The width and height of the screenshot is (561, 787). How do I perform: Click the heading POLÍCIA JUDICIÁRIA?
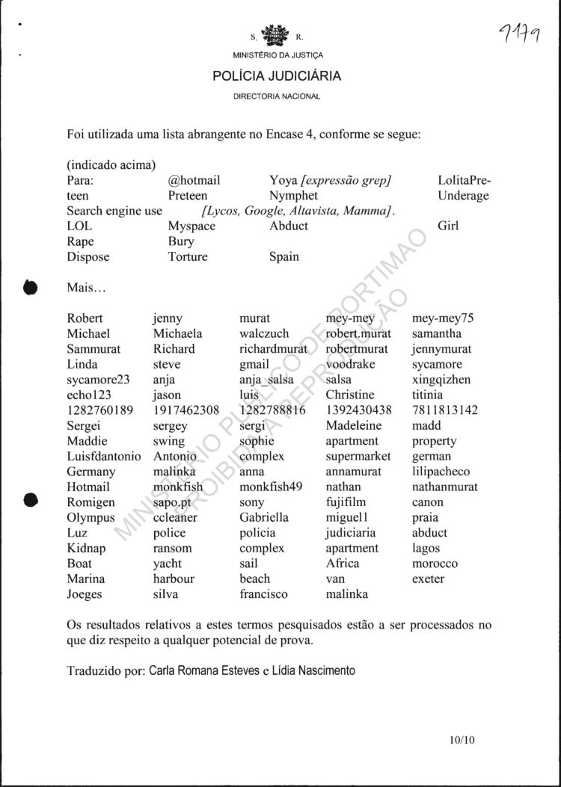coord(277,76)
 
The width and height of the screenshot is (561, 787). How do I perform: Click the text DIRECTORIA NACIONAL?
coord(277,96)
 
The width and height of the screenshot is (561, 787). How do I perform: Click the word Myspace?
coord(191,226)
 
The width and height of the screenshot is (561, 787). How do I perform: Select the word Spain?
coord(284,256)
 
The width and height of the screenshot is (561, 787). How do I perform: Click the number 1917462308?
coord(186,410)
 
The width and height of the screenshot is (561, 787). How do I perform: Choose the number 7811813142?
coord(444,410)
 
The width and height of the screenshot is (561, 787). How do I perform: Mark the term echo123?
coord(88,395)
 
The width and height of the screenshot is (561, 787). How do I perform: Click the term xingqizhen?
coord(441,379)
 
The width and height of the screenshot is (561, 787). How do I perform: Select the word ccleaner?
coord(176,517)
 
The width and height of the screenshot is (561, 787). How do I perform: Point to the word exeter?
coord(428,578)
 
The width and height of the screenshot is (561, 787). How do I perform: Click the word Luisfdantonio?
coord(104,456)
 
